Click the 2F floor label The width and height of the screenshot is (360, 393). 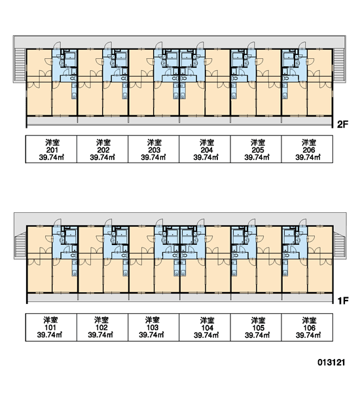342,124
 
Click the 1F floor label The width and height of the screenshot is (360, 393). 343,300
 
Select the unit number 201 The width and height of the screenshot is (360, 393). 52,150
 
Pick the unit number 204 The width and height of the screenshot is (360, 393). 206,150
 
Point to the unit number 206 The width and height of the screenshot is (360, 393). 309,150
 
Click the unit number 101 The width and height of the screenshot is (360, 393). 50,327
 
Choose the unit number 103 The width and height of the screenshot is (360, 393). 153,327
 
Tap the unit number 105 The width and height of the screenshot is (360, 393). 259,328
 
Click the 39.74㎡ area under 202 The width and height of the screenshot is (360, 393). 103,157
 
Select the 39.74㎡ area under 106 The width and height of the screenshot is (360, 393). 309,335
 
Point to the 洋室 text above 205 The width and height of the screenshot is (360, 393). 258,143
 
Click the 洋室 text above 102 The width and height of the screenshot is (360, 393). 101,320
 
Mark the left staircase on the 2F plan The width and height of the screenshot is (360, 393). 20,64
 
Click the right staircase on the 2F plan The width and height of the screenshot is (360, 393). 339,65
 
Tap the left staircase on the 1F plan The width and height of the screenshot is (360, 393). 20,245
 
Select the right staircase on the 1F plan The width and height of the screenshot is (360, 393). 340,245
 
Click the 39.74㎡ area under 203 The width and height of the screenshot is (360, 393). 154,157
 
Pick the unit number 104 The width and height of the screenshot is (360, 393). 207,328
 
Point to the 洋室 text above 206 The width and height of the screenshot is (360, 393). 309,143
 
